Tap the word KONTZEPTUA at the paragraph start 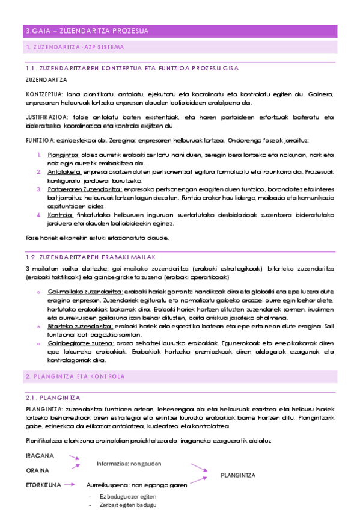[x=44, y=94]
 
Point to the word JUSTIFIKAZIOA [x=47, y=117]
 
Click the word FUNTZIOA [x=41, y=140]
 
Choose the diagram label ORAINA [x=37, y=470]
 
